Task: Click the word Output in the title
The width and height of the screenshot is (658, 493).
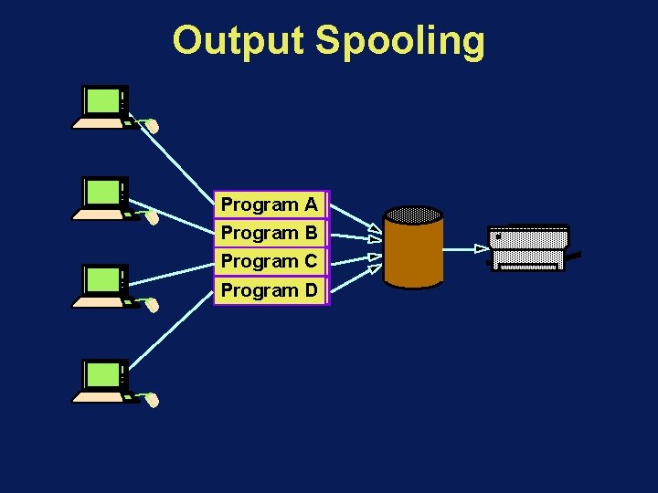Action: [x=239, y=41]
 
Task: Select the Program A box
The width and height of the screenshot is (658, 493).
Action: [x=270, y=205]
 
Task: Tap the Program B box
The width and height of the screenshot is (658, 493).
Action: [x=270, y=233]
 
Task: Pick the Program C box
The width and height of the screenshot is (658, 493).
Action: [x=270, y=261]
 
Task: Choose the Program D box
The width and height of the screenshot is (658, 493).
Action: [x=270, y=290]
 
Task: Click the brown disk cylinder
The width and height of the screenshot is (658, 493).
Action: [x=414, y=251]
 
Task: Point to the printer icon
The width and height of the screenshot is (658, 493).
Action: [x=529, y=248]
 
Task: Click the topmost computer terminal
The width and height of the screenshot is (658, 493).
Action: [x=103, y=108]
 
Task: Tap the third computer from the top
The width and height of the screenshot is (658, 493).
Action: [x=103, y=287]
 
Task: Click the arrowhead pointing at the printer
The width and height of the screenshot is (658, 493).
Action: [x=482, y=247]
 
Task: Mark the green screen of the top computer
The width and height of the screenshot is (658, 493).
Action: [x=102, y=100]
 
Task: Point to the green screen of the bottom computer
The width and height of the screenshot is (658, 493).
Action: [x=102, y=373]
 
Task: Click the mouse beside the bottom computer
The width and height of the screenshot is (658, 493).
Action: [x=154, y=400]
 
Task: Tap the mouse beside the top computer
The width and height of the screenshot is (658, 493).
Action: [x=154, y=126]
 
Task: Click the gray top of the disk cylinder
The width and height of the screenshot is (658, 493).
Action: [x=414, y=215]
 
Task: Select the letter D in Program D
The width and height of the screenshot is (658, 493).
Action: [x=311, y=290]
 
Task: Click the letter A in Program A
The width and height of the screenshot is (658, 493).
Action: [x=311, y=205]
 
